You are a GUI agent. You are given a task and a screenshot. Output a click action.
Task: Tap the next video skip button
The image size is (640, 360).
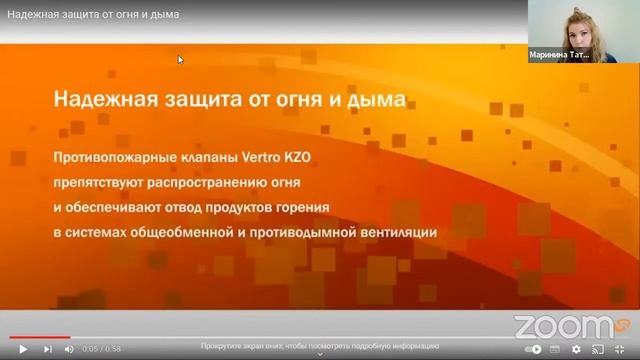[x=47, y=349]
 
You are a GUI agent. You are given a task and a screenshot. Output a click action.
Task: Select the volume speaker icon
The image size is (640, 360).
[x=69, y=349]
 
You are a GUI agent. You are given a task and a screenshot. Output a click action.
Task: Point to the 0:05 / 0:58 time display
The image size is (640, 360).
[x=101, y=349]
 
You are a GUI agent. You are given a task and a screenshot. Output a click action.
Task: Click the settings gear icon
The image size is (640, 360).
[x=576, y=349]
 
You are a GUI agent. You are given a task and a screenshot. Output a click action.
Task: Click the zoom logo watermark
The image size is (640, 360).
[x=564, y=325]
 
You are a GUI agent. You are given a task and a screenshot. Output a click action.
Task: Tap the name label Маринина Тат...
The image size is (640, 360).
[x=560, y=56]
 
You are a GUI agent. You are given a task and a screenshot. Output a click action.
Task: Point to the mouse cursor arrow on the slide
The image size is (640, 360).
[x=181, y=60]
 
